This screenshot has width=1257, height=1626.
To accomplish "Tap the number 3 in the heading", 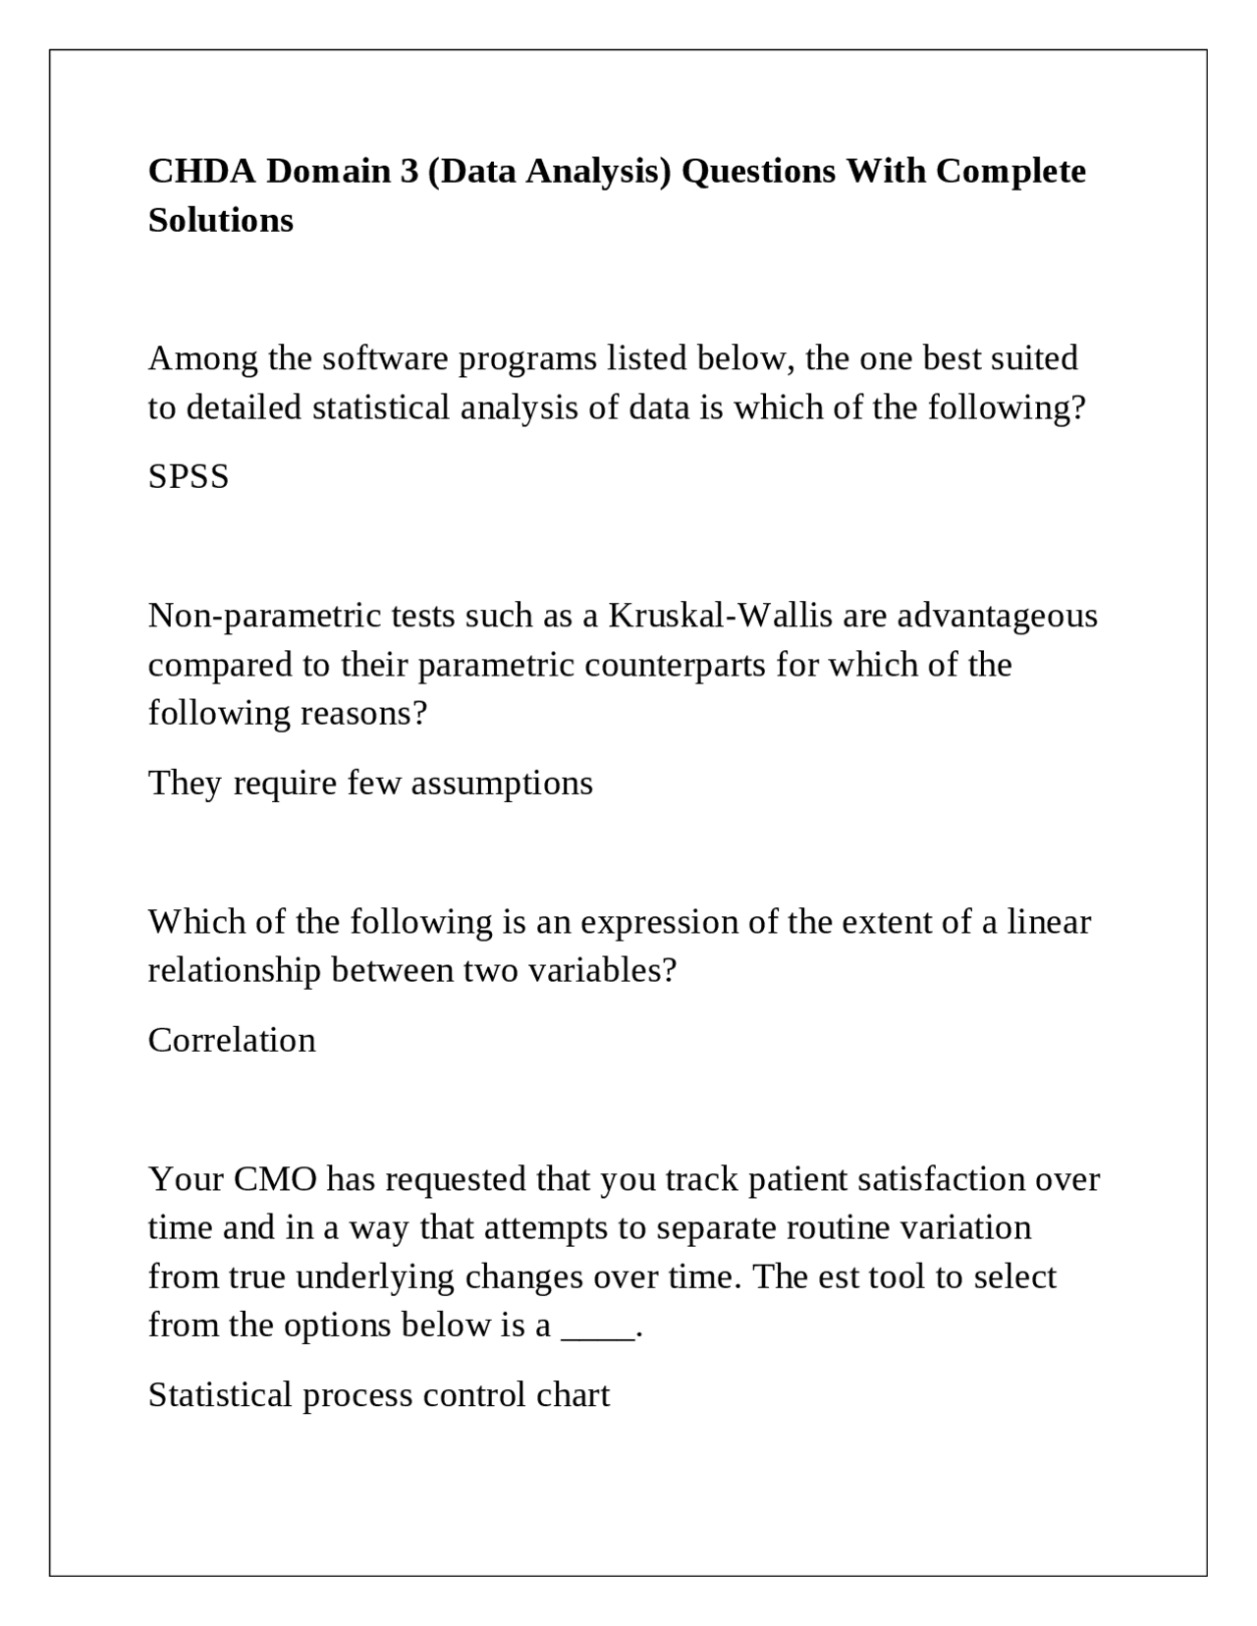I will pyautogui.click(x=409, y=172).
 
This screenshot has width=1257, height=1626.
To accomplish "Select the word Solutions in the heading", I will pyautogui.click(x=221, y=221).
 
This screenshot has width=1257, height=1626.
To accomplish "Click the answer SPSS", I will pyautogui.click(x=189, y=477).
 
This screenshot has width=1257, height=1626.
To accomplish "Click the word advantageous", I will pyautogui.click(x=998, y=616).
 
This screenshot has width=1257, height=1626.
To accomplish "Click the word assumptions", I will pyautogui.click(x=502, y=784).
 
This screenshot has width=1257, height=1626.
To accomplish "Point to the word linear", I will pyautogui.click(x=1049, y=922).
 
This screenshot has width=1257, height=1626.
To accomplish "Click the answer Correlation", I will pyautogui.click(x=232, y=1041).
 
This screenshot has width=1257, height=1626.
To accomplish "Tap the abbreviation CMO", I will pyautogui.click(x=275, y=1179).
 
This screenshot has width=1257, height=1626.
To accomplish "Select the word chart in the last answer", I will pyautogui.click(x=573, y=1396).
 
